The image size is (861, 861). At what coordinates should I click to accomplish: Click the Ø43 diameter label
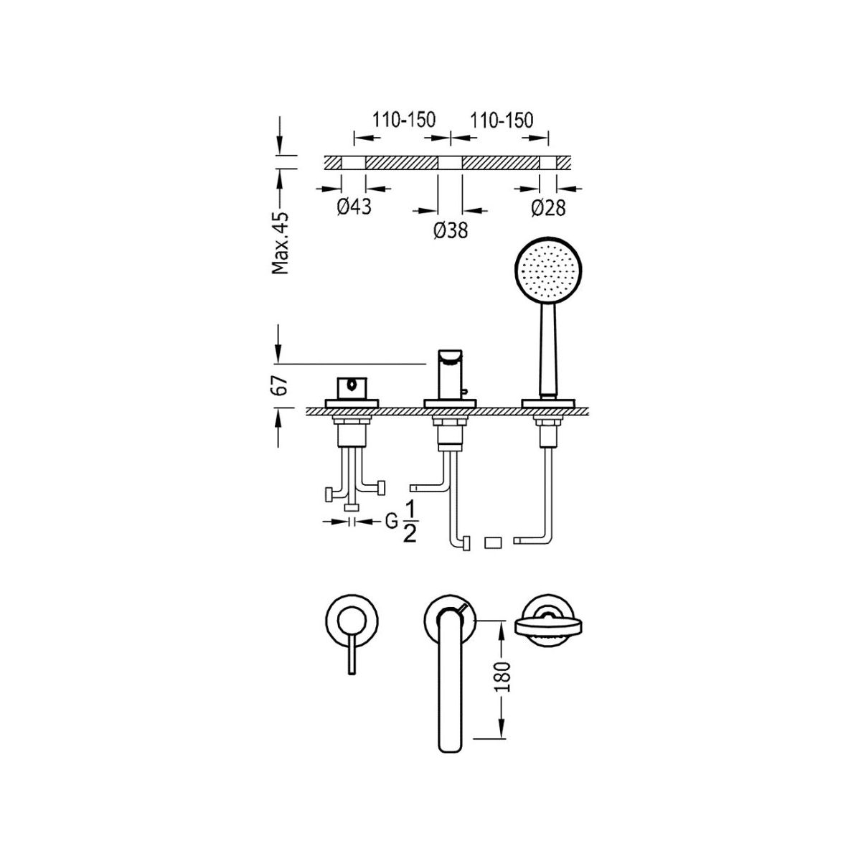354,207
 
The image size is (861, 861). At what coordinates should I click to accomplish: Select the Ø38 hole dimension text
451,230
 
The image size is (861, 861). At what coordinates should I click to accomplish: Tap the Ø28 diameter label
548,208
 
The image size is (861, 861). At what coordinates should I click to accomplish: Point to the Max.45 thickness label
280,243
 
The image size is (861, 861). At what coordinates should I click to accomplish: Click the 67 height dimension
280,385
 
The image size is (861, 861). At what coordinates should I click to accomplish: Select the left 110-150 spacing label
404,120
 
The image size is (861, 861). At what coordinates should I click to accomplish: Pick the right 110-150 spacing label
502,120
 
